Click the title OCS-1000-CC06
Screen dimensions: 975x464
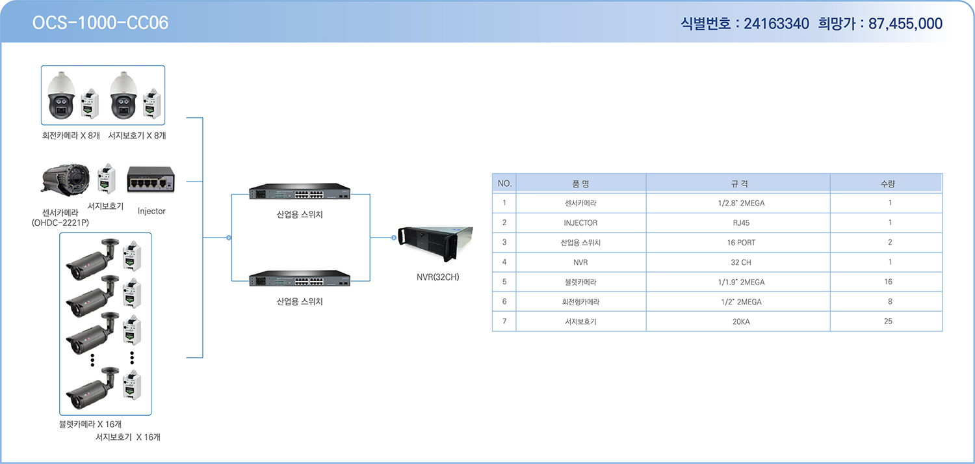(100, 23)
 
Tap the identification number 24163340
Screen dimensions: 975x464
(776, 23)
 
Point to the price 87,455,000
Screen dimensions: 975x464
(905, 23)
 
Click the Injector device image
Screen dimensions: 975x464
(151, 179)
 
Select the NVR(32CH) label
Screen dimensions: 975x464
(437, 277)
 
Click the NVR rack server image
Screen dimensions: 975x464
(435, 243)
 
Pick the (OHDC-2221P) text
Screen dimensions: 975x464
(60, 223)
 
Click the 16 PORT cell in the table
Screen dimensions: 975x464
(741, 243)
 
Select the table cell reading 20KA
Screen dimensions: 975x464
(741, 322)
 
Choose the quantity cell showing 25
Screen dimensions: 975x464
(888, 321)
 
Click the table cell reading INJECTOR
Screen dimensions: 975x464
(580, 223)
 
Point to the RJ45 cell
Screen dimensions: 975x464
(741, 223)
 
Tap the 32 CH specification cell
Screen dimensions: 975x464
(741, 262)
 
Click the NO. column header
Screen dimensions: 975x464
(504, 184)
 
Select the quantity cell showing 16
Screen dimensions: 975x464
(888, 282)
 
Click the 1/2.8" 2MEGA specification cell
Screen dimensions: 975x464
(741, 203)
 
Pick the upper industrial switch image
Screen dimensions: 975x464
(300, 192)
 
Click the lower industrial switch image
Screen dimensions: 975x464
(300, 279)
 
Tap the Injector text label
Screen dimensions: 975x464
(151, 212)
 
